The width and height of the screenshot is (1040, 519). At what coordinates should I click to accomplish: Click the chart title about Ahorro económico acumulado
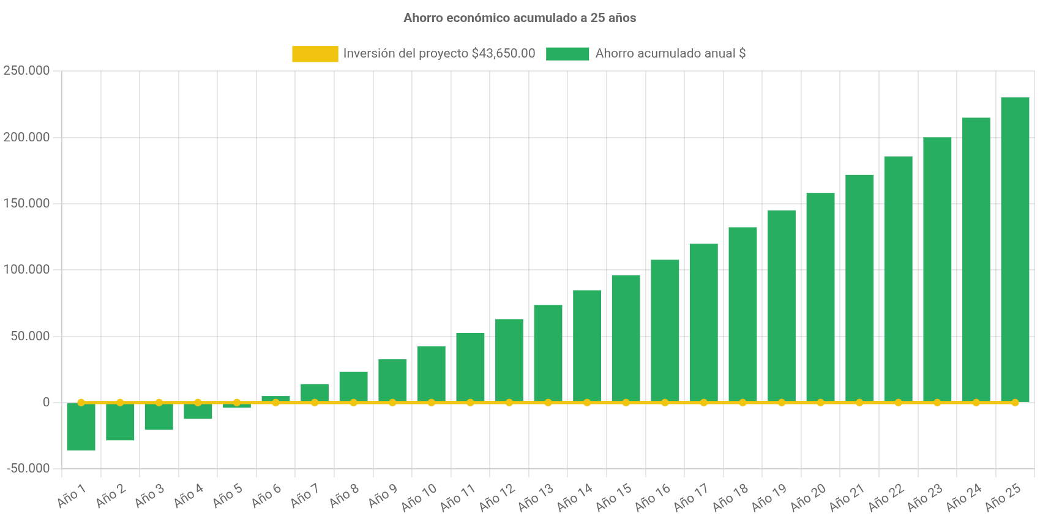(x=520, y=18)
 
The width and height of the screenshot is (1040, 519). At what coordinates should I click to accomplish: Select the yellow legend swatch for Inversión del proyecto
(x=315, y=54)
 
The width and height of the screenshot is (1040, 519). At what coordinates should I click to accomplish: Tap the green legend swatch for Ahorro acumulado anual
(x=567, y=54)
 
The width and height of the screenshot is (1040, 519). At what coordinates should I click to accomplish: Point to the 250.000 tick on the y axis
(x=26, y=70)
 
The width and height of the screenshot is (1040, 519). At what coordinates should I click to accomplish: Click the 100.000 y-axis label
(x=26, y=269)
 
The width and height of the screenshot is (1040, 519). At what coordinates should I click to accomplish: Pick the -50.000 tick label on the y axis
(x=28, y=468)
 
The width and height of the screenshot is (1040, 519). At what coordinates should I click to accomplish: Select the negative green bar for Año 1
(x=81, y=427)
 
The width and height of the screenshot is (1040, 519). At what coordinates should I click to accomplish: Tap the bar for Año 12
(x=509, y=360)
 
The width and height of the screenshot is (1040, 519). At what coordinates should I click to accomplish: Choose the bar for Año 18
(x=743, y=315)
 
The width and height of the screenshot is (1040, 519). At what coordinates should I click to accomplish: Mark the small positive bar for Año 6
(x=275, y=398)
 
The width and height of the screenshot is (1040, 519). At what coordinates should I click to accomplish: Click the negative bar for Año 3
(x=159, y=416)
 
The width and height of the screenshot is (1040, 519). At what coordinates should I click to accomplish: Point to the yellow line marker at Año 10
(x=432, y=403)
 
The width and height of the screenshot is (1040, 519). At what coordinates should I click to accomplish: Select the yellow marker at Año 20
(x=820, y=403)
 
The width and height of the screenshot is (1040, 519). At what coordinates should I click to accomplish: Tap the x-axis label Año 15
(x=613, y=497)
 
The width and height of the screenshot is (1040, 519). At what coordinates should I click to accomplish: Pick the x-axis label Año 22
(x=886, y=497)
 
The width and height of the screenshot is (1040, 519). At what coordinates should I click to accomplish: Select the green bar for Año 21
(x=859, y=288)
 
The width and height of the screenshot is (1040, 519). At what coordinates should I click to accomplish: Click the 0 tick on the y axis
(x=46, y=402)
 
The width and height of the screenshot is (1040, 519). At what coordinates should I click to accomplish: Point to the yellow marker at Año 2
(x=120, y=403)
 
